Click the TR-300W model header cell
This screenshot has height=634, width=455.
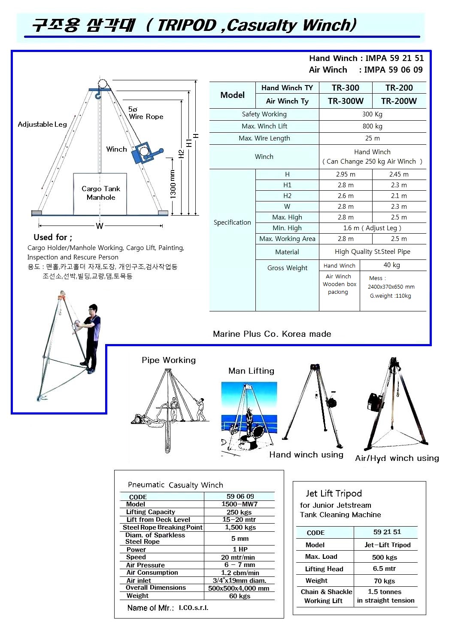tap(346, 101)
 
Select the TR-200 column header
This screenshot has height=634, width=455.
tap(399, 88)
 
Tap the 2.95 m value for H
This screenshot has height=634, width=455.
tap(346, 174)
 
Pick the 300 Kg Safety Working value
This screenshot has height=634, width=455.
tap(372, 114)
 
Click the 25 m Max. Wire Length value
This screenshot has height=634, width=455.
tap(372, 138)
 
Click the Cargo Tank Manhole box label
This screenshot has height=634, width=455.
tap(100, 193)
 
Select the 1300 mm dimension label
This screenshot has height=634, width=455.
tap(173, 184)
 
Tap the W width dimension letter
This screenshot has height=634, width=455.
tap(100, 226)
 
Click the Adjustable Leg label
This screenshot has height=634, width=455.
tap(42, 124)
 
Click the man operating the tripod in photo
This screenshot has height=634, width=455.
tap(92, 335)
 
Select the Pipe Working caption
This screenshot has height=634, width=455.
tap(168, 360)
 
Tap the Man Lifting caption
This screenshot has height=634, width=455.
tap(251, 371)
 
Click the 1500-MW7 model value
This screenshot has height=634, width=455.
tap(240, 504)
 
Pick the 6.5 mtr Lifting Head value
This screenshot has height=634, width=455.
tap(384, 568)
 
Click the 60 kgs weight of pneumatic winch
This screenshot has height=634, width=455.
tap(240, 596)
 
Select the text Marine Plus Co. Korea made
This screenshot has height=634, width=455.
tap(272, 334)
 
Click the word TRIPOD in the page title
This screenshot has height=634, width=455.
tap(186, 26)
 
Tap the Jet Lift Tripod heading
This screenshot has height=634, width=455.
tap(334, 494)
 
